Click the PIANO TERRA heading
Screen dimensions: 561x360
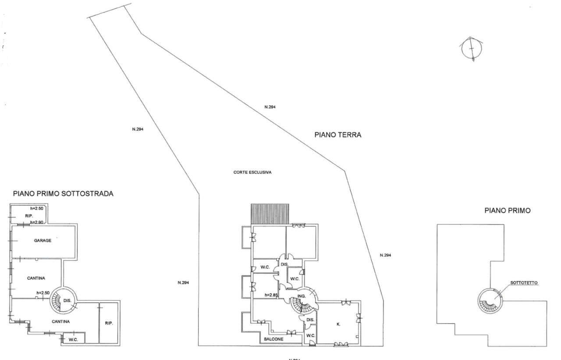(337, 135)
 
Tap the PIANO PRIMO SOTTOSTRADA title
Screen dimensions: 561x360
(63, 193)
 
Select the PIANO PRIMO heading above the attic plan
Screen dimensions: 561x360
(508, 211)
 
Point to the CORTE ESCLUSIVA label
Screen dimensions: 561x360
(252, 173)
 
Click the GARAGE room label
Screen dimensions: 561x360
(43, 240)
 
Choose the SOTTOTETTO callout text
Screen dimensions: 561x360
(524, 283)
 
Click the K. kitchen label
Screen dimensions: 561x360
(339, 325)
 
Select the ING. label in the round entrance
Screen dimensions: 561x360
(301, 296)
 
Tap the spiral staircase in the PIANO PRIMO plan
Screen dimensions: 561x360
(490, 301)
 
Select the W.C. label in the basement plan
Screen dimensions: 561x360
(73, 339)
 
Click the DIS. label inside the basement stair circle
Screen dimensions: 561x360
(67, 300)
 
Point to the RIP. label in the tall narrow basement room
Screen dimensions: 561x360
(109, 323)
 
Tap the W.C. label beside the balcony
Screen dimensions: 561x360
(310, 335)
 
